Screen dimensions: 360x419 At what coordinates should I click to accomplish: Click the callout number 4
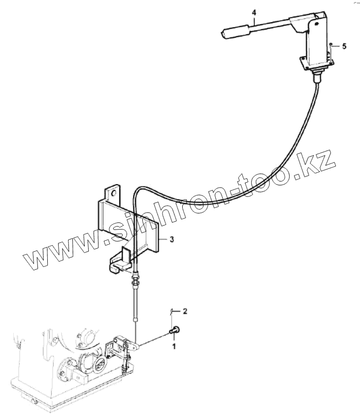[x=254, y=12]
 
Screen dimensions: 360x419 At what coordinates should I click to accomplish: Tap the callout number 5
[x=344, y=46]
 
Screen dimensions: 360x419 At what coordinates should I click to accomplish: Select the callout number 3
[x=171, y=239]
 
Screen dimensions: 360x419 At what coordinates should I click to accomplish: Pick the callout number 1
[x=174, y=347]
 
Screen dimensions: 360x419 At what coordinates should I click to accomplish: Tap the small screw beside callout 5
[x=331, y=44]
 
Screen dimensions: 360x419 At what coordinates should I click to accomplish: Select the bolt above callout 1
[x=174, y=330]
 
